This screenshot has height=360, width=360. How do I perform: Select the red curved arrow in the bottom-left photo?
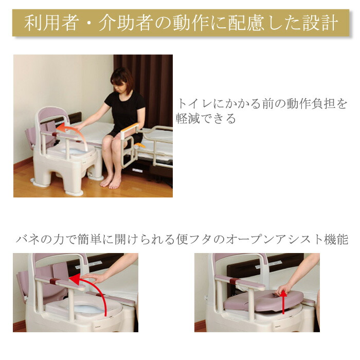(96, 291)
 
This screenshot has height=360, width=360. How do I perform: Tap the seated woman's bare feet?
(112, 181)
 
